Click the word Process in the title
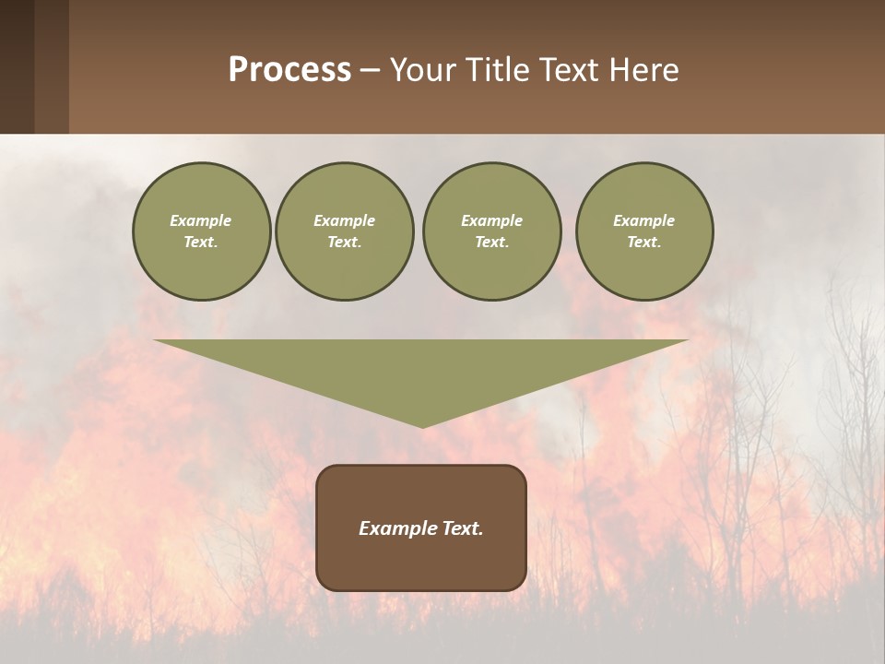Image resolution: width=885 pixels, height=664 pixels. (289, 70)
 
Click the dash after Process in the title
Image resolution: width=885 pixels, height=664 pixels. (370, 72)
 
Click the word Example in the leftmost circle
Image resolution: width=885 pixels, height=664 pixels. (201, 220)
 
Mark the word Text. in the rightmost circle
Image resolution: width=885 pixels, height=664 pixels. (644, 242)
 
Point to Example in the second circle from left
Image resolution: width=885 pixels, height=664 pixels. (344, 220)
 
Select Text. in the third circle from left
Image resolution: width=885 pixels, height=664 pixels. (491, 242)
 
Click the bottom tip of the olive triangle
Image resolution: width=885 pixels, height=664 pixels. (422, 424)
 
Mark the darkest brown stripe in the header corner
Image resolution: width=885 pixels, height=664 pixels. (17, 66)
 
